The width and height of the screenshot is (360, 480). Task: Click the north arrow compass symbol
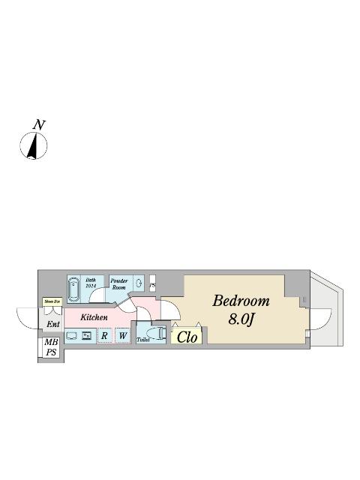point(34,145)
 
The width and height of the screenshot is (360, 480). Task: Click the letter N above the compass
point(38,124)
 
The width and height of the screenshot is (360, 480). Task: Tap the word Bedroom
point(241,301)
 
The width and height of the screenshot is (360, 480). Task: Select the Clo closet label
point(187,337)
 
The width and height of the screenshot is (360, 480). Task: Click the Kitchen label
point(94,317)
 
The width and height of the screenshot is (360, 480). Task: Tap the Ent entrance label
point(52,324)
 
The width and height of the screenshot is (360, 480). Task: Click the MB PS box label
point(51,347)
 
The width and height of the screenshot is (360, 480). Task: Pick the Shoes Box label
point(52,301)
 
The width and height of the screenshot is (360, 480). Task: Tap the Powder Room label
point(118,283)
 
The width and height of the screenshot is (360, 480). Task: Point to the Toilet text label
point(143,339)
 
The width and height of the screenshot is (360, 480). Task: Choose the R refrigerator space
point(104,336)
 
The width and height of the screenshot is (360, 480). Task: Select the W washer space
point(121,336)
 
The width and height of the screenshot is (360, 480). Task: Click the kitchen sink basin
point(71,335)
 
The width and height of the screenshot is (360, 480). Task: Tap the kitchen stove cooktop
point(87,335)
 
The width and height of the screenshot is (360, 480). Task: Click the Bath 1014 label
point(91,282)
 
